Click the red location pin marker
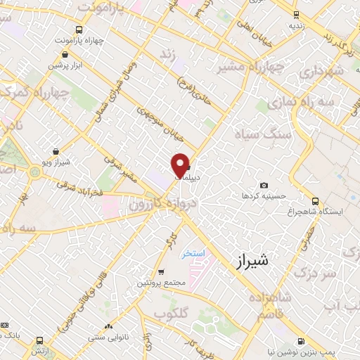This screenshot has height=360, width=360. coord(180,165)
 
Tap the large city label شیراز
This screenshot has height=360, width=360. coord(249,262)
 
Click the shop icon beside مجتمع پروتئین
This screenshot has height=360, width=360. coord(161,271)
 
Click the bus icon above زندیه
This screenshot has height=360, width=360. coord(296,13)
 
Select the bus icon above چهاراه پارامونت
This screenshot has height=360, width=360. coord(78,30)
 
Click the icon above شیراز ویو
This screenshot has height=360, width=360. coord(56,151)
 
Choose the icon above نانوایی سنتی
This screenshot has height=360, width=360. coord(107,327)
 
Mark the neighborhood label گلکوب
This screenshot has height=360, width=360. coord(172,311)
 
